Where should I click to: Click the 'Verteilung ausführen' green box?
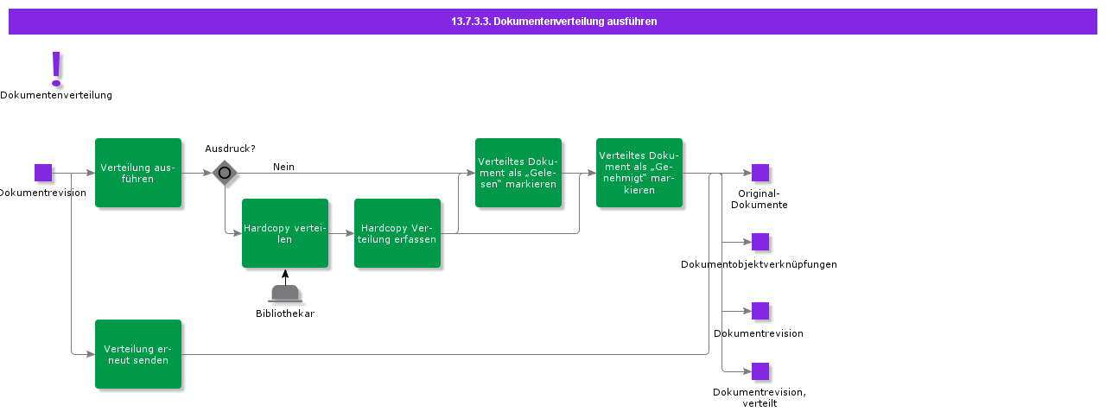pos(138,173)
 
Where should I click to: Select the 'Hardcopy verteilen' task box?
pos(285,233)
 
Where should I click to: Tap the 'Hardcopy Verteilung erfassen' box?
pos(397,233)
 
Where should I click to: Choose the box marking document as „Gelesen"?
pos(518,173)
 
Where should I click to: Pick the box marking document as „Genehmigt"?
pos(639,173)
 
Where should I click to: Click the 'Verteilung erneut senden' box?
pos(138,354)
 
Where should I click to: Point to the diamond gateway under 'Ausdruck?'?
pos(225,173)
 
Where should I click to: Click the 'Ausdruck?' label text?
pos(230,149)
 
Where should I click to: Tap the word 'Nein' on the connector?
pos(283,167)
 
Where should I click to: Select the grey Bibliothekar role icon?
pos(285,294)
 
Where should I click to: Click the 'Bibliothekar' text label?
pos(285,313)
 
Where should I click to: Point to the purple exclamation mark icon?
pos(56,68)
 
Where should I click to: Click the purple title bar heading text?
pos(554,22)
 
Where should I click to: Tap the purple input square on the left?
pos(43,173)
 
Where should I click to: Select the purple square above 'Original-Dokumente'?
pos(760,173)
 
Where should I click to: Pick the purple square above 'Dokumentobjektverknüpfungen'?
pos(760,242)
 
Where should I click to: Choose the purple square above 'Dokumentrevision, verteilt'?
pos(760,371)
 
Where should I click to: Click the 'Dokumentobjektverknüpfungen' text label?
pos(759,264)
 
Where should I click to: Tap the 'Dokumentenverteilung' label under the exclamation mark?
pos(56,95)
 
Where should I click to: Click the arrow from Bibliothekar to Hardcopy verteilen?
pos(285,276)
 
